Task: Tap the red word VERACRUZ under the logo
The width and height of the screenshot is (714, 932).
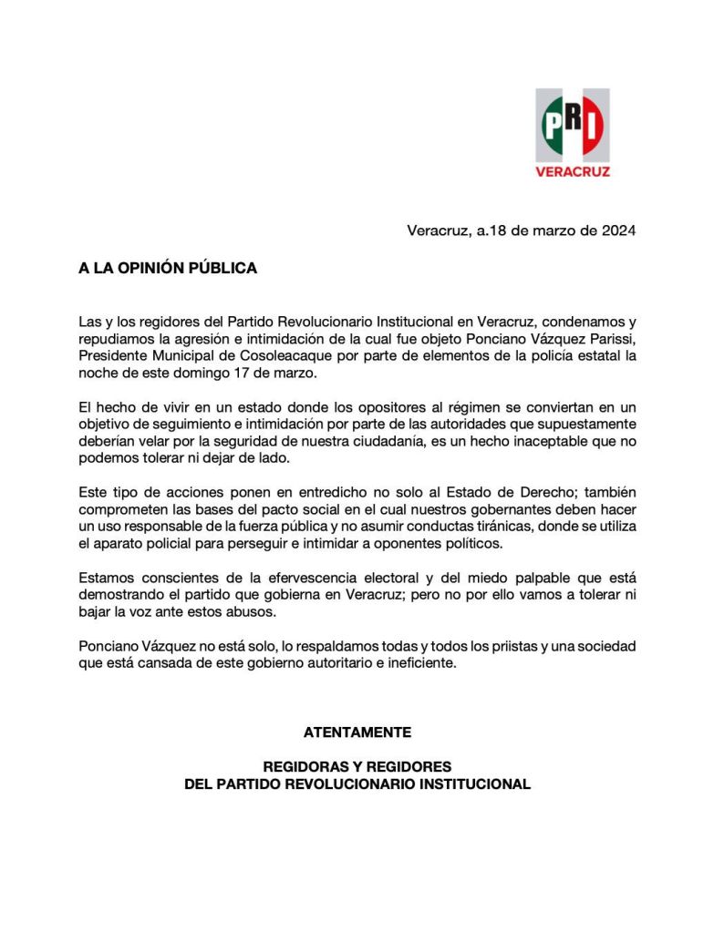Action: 573,170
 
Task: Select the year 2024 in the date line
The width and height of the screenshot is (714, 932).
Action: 618,230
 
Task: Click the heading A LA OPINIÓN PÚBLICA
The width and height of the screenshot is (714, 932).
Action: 168,268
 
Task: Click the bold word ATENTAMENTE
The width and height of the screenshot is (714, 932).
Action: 357,732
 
